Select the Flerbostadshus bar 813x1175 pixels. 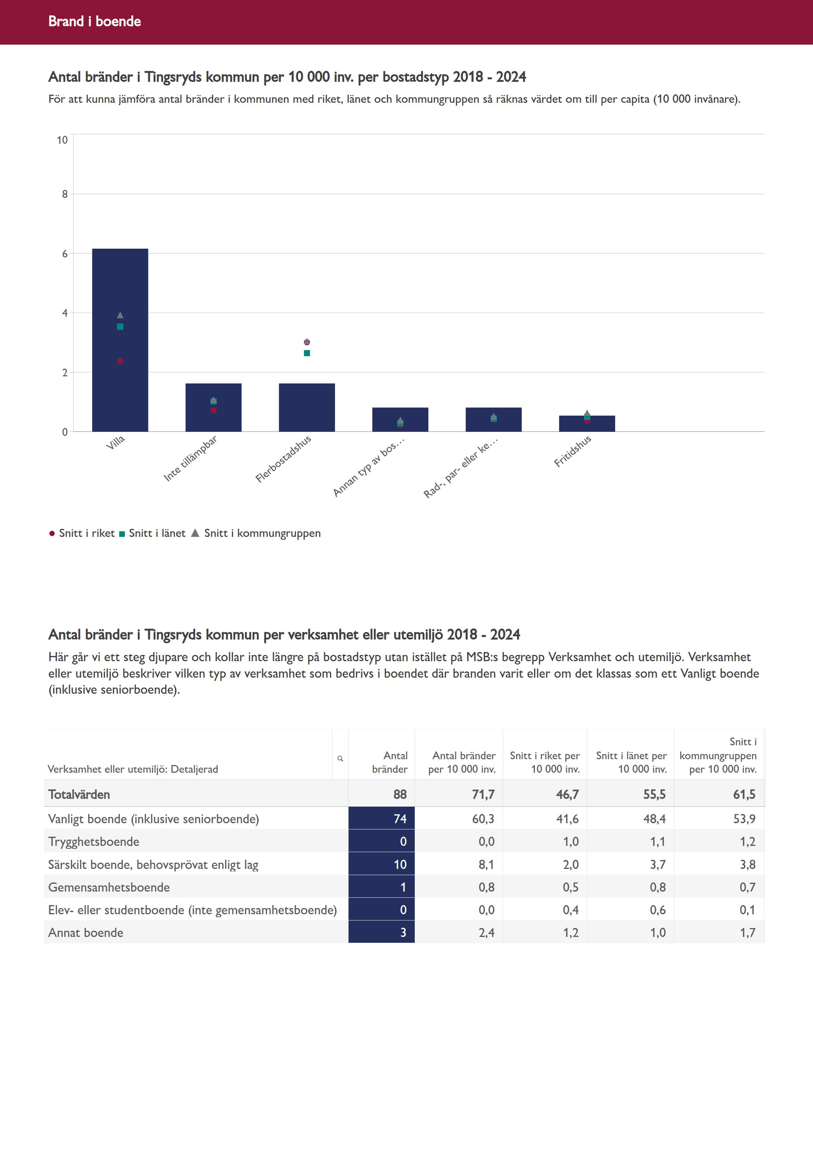point(306,407)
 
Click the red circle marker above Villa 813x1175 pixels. point(120,361)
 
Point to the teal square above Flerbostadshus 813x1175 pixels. point(306,353)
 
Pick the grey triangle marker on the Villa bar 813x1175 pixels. point(120,315)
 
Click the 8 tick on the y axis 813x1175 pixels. point(65,194)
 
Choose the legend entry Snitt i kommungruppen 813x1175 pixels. point(256,533)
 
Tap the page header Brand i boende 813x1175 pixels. point(95,21)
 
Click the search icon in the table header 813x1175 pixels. point(340,758)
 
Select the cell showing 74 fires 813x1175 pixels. point(381,818)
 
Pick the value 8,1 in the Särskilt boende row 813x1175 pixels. point(486,864)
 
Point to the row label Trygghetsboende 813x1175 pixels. point(94,841)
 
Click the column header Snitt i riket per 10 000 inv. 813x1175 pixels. point(545,762)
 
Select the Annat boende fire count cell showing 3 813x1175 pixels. point(381,933)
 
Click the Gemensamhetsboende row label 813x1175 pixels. point(109,887)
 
